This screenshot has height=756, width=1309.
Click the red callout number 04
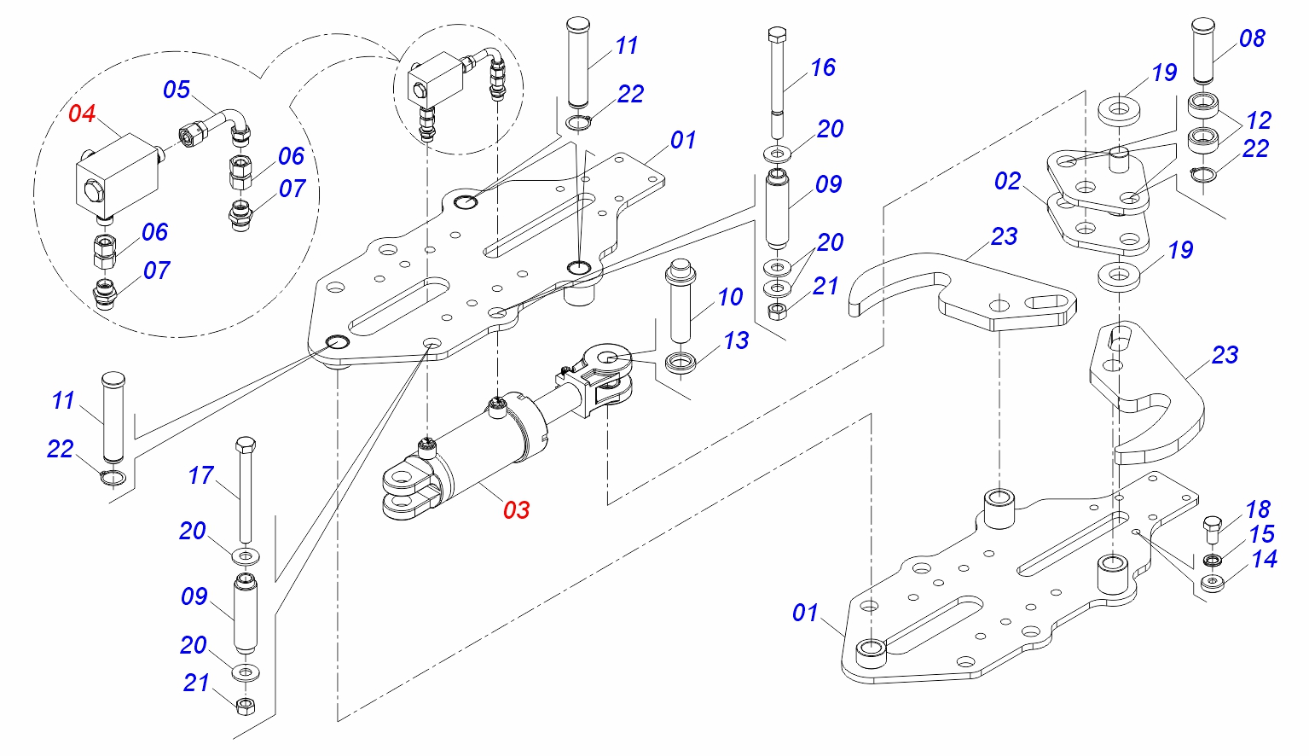pos(82,113)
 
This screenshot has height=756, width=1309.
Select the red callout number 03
pos(517,510)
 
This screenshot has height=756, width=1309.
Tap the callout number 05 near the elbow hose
pos(177,90)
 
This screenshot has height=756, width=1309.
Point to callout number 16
pos(823,67)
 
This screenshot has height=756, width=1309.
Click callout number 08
pos(1253,38)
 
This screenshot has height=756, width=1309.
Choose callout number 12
pos(1260,120)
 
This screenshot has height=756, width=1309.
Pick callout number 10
pos(730,297)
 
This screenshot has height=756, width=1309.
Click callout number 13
pos(736,340)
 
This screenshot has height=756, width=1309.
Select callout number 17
pos(201,475)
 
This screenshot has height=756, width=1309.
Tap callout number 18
pos(1258,509)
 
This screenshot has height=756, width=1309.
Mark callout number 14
pos(1265,559)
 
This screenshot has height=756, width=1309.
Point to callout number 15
pos(1262,534)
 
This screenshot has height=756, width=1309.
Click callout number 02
pos(1008,181)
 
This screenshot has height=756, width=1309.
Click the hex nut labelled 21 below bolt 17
pos(246,707)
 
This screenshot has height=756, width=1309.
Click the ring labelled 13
pos(681,363)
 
